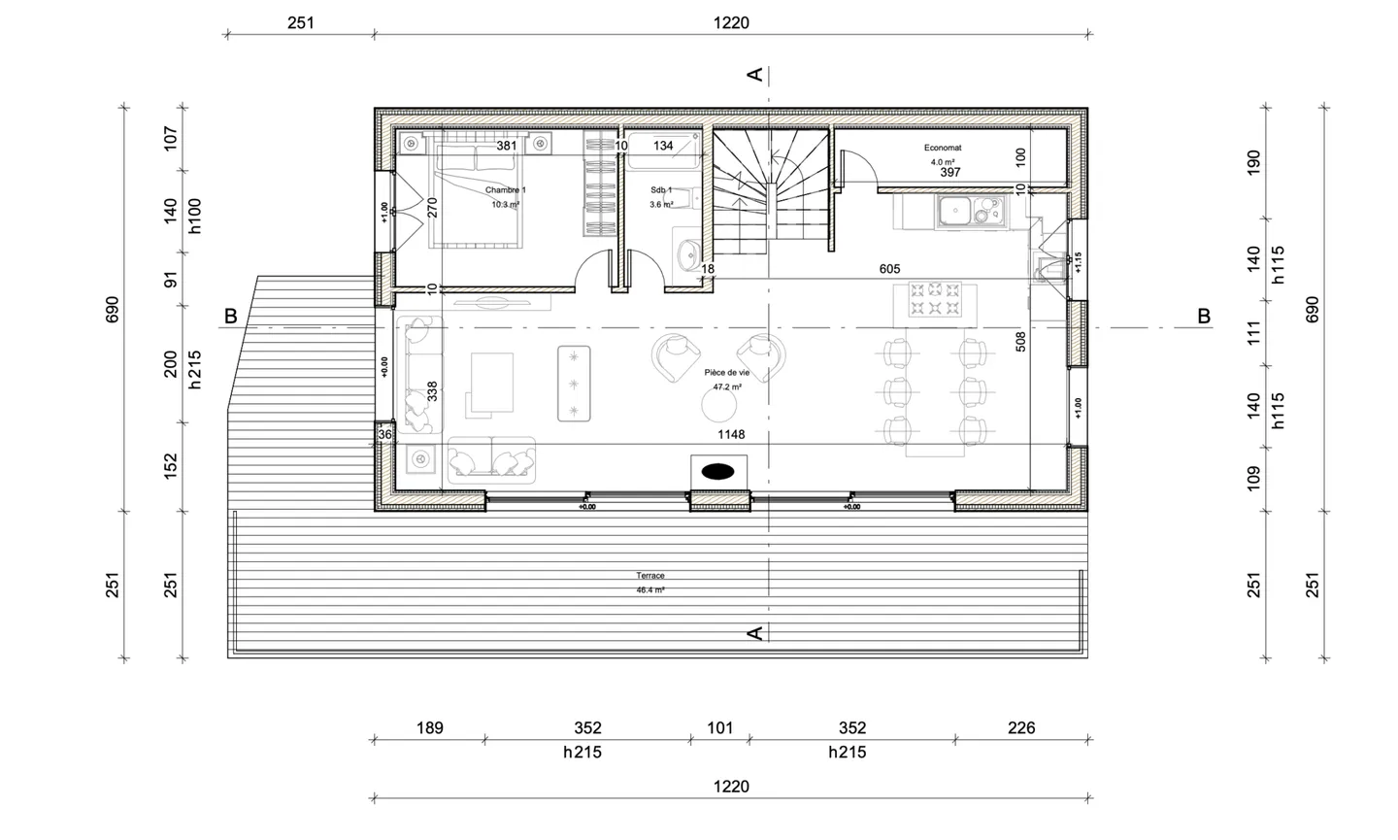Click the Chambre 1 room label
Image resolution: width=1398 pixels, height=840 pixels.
[505, 190]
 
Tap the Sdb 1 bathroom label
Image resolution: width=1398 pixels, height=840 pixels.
[661, 190]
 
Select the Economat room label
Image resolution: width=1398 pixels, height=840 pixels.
[942, 149]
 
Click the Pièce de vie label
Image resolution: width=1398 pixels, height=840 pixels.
[727, 373]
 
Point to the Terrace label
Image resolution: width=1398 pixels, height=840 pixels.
[650, 576]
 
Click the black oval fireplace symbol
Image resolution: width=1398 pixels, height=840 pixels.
[717, 471]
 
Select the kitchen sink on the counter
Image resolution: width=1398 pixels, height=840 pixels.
[954, 209]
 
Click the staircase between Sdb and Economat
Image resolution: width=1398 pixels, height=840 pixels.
[771, 189]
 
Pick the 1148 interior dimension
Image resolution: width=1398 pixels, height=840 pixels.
[730, 434]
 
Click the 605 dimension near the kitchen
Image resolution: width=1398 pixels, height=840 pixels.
[889, 269]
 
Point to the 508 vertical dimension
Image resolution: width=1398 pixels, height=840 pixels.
[1020, 342]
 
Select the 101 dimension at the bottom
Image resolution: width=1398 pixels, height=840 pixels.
[719, 727]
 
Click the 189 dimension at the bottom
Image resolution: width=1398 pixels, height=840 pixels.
[429, 727]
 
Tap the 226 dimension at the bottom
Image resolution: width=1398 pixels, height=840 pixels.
[1021, 727]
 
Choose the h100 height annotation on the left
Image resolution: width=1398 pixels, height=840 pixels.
[194, 217]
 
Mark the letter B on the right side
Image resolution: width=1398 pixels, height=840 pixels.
[1203, 316]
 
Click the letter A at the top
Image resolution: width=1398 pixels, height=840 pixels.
[754, 74]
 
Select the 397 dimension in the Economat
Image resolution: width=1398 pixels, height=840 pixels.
[950, 173]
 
